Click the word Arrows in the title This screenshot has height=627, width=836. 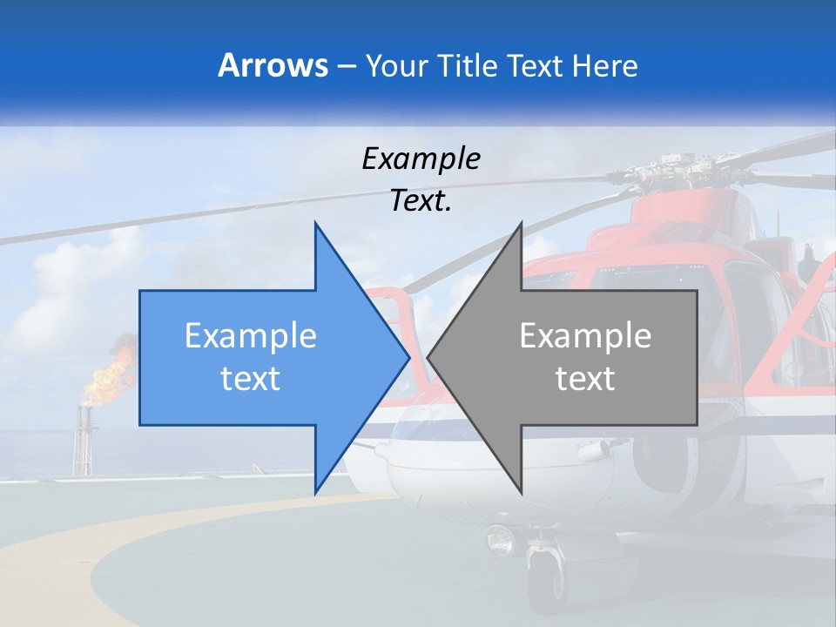pos(273,66)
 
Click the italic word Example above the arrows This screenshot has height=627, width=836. pos(421,158)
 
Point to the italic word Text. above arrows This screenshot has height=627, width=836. pos(421,201)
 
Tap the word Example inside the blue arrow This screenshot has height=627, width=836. pos(251,336)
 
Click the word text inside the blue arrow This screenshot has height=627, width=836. pos(251,379)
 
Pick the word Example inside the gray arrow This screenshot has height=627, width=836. pos(585,336)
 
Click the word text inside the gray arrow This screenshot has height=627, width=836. pos(585,379)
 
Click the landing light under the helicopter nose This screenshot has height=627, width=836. pos(502,540)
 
